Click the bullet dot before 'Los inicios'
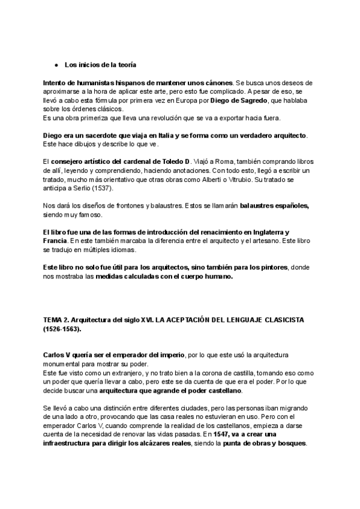point(55,64)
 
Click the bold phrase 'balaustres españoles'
point(274,206)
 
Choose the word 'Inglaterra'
point(269,232)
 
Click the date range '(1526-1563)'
point(62,330)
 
